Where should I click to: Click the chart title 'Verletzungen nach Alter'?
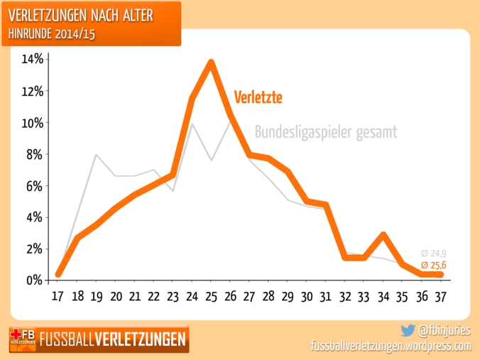(x=89, y=14)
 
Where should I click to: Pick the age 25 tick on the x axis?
(x=211, y=295)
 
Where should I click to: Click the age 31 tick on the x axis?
(x=325, y=295)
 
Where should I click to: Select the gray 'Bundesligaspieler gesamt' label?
(x=325, y=132)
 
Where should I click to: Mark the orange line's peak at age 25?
(x=211, y=62)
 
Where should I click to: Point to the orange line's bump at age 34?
(x=383, y=234)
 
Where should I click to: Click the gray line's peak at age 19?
(x=97, y=155)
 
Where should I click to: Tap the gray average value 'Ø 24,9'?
(x=433, y=253)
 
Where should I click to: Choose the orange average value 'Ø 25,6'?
(x=433, y=264)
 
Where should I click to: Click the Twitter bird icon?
(x=408, y=329)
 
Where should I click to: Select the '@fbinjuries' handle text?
(x=445, y=330)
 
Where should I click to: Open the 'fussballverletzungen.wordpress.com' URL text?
(x=391, y=346)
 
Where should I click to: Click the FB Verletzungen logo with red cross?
(x=23, y=339)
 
